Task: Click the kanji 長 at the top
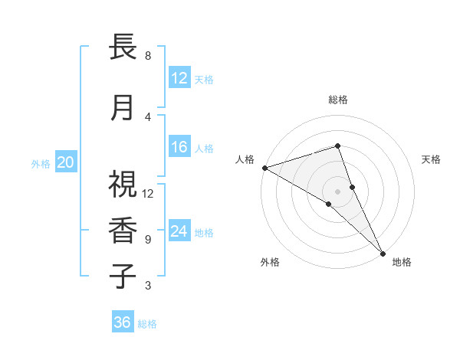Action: (x=123, y=47)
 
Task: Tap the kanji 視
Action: (x=123, y=184)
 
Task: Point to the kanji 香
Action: (x=123, y=231)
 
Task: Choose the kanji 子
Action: (x=123, y=277)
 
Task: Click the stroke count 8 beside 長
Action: (x=148, y=56)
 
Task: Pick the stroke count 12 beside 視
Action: (x=148, y=193)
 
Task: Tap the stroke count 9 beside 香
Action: (x=148, y=240)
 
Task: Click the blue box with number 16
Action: (x=179, y=148)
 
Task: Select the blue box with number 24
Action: (x=179, y=231)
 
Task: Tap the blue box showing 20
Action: (x=66, y=162)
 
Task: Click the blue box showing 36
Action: (x=122, y=322)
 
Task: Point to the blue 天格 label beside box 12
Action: (x=204, y=79)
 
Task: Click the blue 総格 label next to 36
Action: (x=147, y=324)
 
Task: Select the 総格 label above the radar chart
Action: (x=338, y=100)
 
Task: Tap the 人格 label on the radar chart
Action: (x=245, y=159)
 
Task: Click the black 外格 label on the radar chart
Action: (x=270, y=262)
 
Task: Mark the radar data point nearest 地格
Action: (x=383, y=252)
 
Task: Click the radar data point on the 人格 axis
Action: (x=264, y=167)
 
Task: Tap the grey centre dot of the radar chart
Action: (x=338, y=191)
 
